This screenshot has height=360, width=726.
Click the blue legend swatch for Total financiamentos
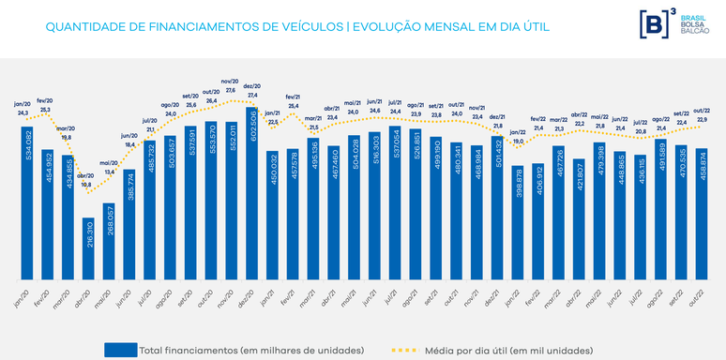tap(120, 350)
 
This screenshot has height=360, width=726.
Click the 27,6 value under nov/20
tap(228, 89)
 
